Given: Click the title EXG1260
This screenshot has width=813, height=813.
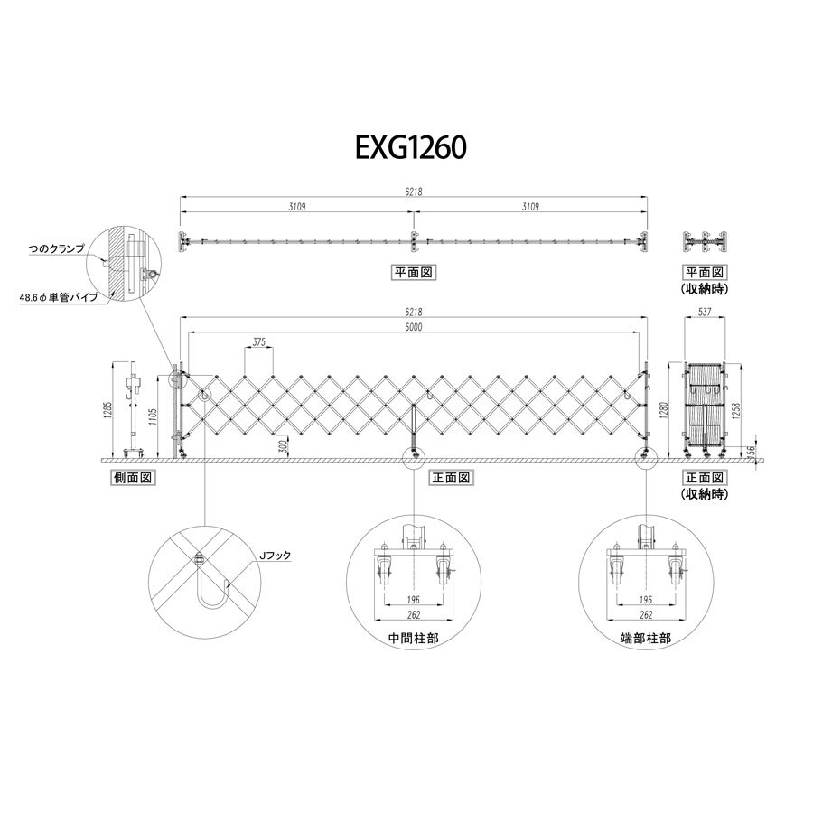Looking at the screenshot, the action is (411, 148).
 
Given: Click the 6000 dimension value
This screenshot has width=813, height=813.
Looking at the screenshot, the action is (414, 327).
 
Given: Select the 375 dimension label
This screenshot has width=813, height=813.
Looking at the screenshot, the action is (258, 342).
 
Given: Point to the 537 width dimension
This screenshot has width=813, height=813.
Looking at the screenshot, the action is (705, 313).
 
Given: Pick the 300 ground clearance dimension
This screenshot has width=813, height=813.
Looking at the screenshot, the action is (283, 447).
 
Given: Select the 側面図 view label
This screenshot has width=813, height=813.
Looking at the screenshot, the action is (133, 478).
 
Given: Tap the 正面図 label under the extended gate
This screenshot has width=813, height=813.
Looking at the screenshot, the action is (451, 478).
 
